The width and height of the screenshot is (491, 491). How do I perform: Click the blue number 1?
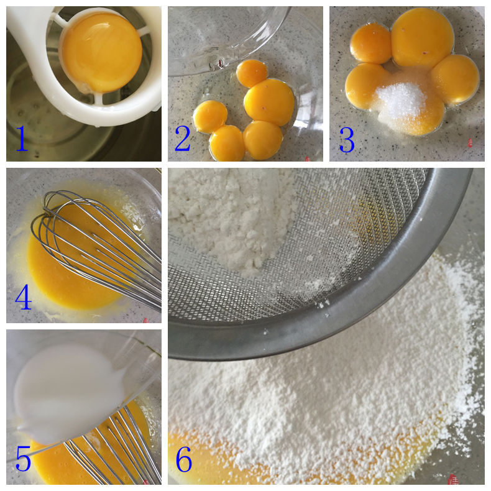[x=22, y=138]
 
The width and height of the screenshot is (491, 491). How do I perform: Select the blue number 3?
[x=347, y=140]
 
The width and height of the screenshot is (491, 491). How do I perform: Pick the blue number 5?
[x=23, y=459]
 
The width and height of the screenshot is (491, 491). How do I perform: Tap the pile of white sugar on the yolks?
[x=401, y=99]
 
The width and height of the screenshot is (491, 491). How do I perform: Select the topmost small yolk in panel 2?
[x=252, y=73]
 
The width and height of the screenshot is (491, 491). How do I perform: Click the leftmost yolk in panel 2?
[x=210, y=116]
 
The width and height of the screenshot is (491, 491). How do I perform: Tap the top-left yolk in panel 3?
[x=371, y=44]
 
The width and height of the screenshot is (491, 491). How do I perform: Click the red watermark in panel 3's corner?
[x=470, y=143]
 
